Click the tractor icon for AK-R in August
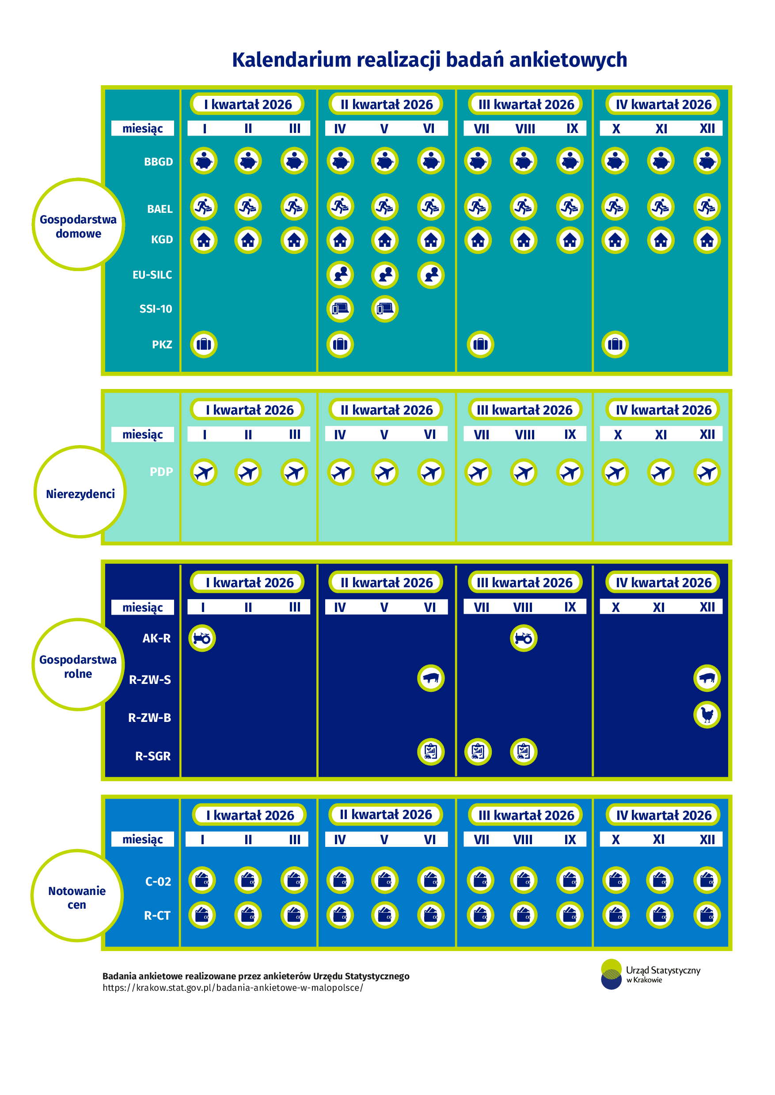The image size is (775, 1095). pos(524,638)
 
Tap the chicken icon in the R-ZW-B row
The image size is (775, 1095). pos(707,715)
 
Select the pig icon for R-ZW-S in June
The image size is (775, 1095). pos(430,678)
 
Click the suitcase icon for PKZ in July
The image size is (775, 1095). pos(480,344)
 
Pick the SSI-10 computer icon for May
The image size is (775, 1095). pos(385,309)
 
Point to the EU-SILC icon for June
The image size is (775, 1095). pos(430,275)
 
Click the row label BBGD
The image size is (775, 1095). pos(159,162)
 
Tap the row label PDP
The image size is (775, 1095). pos(161,472)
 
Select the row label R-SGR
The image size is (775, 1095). pos(153,756)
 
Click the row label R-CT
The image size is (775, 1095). pos(157,915)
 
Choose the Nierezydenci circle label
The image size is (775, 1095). pos(80,494)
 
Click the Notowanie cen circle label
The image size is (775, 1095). pos(77,898)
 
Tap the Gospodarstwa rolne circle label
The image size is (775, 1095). pos(78,666)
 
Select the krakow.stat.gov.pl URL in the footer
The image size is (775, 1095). pos(233,988)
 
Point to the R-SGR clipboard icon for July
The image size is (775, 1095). pos(478,751)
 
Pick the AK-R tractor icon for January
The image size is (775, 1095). pos(202,638)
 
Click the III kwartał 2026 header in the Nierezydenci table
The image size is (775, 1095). pos(524,410)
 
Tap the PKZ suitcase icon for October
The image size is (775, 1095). pos(615,344)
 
